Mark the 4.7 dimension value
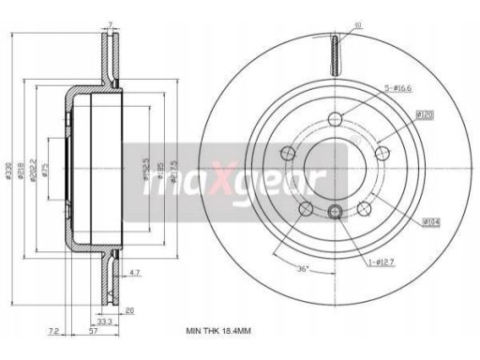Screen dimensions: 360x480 (x=135, y=273)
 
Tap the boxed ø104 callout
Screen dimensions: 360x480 (x=431, y=221)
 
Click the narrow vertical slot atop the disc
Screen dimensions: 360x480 (x=334, y=52)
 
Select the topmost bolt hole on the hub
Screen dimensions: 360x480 (x=334, y=121)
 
